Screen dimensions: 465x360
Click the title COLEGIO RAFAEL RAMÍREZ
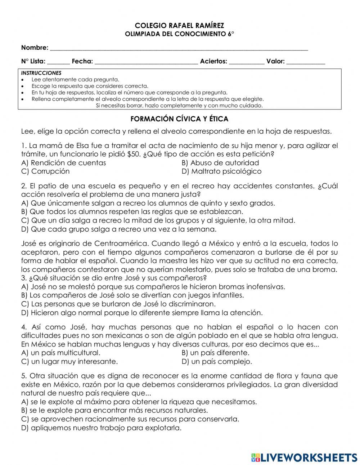tap(179, 26)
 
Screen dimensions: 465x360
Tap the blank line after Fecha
tap(146, 62)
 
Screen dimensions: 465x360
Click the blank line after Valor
tap(306, 62)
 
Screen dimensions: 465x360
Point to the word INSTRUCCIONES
tap(41, 73)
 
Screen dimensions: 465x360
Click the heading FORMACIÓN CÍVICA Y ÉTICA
tap(179, 119)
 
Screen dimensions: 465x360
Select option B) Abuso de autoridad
tap(220, 163)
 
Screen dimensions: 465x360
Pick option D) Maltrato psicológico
tap(221, 171)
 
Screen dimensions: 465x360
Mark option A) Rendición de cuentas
tap(64, 163)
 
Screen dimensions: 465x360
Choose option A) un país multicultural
tap(61, 353)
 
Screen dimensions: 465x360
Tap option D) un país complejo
tap(217, 362)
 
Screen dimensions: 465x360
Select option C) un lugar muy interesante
tap(69, 362)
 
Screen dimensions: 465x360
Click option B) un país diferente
tap(215, 353)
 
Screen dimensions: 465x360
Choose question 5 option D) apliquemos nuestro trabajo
tap(101, 428)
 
